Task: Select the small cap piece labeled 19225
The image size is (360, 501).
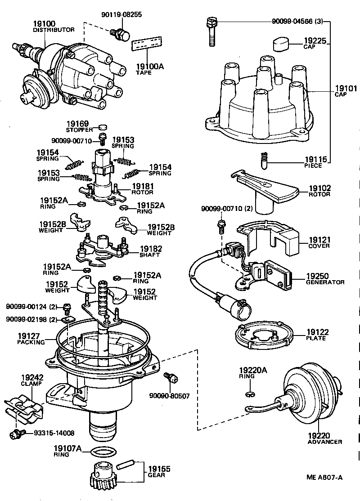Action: click(281, 45)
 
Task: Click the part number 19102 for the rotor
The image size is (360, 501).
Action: click(319, 188)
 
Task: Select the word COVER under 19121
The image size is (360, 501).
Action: click(319, 246)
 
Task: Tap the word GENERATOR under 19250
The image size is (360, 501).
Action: click(325, 282)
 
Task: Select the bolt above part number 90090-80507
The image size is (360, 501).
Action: click(170, 378)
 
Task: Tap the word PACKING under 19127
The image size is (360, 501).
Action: click(31, 342)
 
